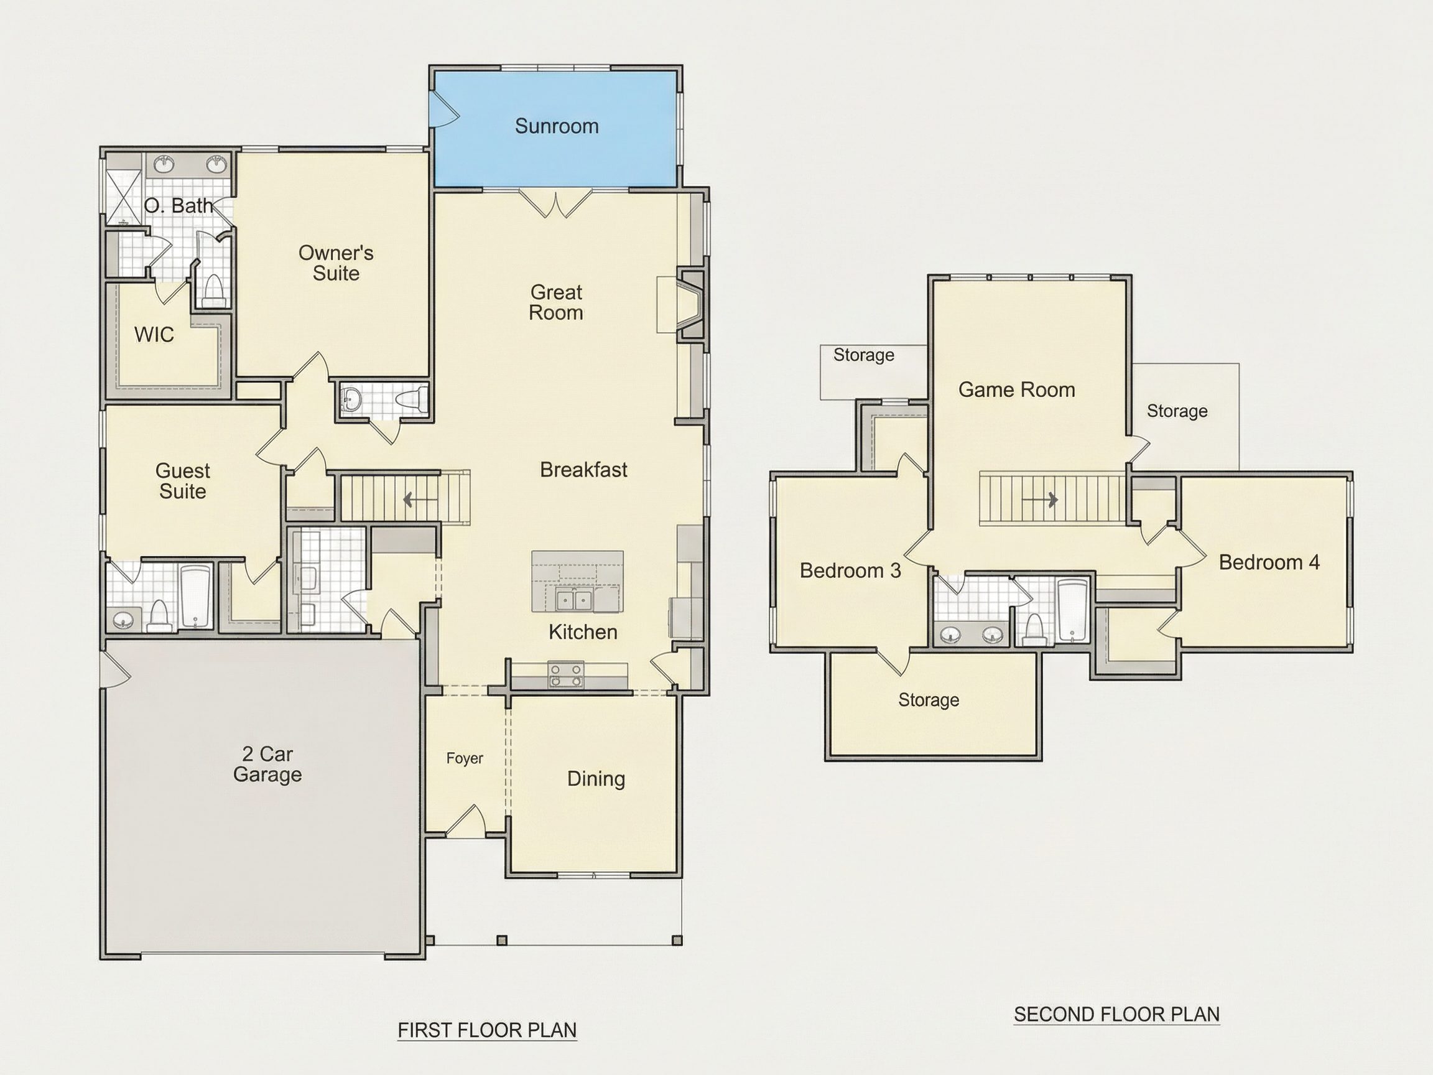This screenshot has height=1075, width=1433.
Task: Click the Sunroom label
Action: (557, 126)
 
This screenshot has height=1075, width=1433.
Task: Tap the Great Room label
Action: (556, 302)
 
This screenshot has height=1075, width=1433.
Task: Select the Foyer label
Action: (465, 758)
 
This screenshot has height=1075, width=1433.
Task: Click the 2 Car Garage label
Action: (267, 764)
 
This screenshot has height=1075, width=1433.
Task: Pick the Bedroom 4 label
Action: (1269, 562)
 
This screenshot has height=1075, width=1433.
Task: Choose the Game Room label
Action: (1016, 389)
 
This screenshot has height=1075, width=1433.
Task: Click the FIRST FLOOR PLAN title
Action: (487, 1030)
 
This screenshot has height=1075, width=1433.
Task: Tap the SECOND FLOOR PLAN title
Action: (1117, 1014)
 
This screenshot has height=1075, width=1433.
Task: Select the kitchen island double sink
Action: (574, 601)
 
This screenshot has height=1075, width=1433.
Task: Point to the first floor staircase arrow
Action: (409, 500)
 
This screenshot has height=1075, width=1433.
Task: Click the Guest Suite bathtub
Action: (195, 597)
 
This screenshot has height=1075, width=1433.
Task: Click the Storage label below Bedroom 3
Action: (929, 700)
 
